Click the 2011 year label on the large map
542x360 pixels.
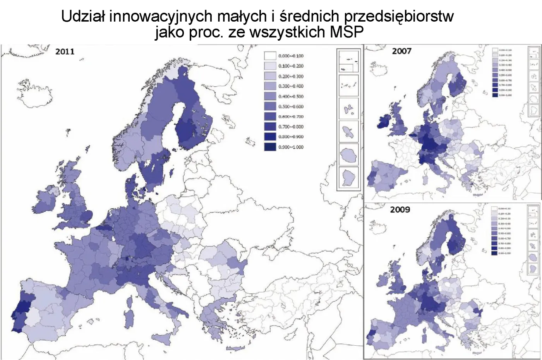point(65,51)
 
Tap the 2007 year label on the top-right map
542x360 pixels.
point(401,51)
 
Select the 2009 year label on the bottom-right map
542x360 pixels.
point(400,209)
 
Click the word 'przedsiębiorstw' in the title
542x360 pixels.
point(399,16)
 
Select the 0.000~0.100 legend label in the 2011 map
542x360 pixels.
point(291,56)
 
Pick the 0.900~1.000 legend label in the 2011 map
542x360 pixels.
point(291,147)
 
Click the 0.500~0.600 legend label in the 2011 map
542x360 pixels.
point(291,106)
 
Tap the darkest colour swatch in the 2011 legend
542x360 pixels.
point(270,147)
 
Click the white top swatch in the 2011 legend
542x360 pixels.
point(270,56)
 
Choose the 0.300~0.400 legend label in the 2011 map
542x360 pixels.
point(291,86)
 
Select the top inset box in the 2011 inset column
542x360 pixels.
point(348,61)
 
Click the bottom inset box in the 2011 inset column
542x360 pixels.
point(348,177)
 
